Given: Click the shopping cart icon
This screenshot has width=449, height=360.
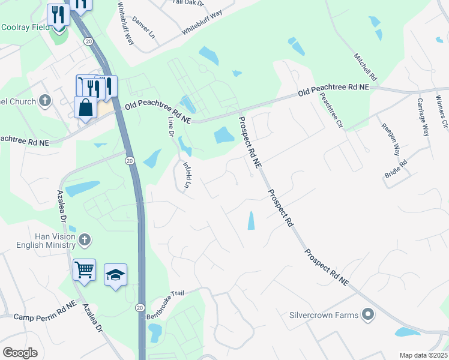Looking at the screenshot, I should coord(84,269).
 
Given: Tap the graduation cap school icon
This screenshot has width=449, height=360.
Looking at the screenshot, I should coord(115,274).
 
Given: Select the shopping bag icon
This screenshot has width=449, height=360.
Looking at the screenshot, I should coord(86,107).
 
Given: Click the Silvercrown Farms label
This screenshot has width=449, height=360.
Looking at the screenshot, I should coord(324,314).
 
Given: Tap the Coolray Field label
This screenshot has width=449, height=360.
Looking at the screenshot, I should coord(25,27).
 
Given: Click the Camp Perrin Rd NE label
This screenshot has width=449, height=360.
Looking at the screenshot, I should coord(45,316).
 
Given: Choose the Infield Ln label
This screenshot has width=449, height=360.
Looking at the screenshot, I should coord(187,175).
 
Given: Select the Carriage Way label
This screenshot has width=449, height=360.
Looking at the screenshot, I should coord(423,117).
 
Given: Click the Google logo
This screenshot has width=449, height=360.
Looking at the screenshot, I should coord(20,353).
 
